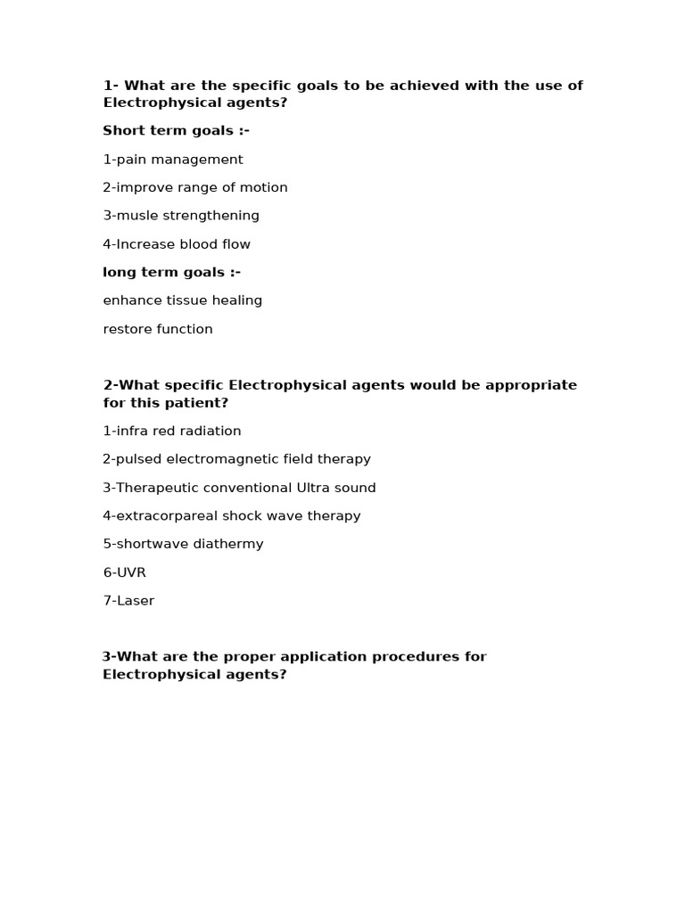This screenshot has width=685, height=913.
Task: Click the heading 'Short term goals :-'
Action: [x=176, y=131]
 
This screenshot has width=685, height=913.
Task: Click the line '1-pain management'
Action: [x=173, y=160]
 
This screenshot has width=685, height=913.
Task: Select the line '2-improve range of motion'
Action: [x=195, y=187]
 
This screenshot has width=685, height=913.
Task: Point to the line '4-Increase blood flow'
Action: [x=177, y=244]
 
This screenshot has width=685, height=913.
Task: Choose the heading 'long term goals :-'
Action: [x=171, y=272]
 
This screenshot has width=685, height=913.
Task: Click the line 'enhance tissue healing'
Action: [x=183, y=300]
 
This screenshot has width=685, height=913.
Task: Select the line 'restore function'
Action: [x=158, y=329]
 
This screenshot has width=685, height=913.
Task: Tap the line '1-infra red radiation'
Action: [x=172, y=431]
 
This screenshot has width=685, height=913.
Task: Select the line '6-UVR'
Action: [x=124, y=572]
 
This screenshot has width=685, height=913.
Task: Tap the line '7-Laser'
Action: [x=128, y=601]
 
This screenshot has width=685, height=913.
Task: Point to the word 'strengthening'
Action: [x=217, y=216]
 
